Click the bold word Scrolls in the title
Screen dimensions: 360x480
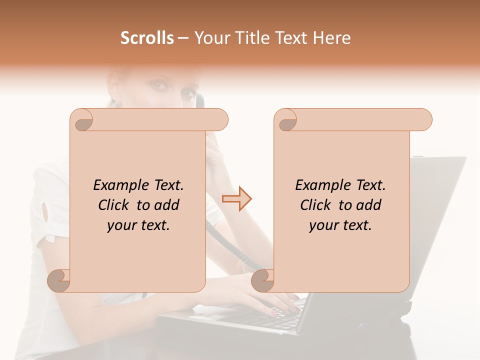coord(147,38)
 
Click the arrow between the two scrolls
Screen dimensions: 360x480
coord(236,198)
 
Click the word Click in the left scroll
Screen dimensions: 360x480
coord(115,205)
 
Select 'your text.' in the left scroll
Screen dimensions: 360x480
coord(138,225)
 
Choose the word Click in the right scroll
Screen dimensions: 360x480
coord(317,205)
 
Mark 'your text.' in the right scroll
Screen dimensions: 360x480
coord(340,225)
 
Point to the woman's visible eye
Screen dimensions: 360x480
coord(160,85)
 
